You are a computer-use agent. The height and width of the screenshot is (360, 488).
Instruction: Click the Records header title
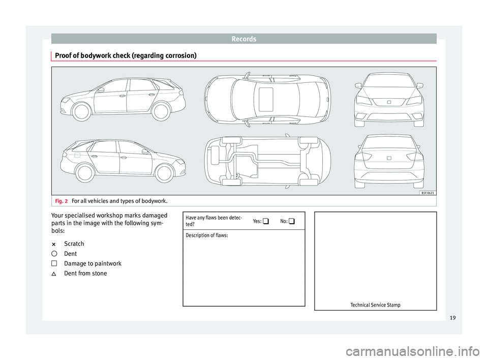tap(243, 38)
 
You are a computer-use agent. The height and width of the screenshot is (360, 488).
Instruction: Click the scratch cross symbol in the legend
tap(54, 244)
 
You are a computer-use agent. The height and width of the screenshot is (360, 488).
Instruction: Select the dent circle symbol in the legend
tap(54, 254)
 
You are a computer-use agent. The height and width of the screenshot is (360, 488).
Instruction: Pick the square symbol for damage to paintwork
tap(54, 263)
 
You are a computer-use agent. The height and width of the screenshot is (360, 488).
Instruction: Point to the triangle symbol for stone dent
tap(54, 274)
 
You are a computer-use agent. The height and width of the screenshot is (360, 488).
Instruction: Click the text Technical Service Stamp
tap(375, 305)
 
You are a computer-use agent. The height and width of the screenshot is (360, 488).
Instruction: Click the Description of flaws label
tap(207, 235)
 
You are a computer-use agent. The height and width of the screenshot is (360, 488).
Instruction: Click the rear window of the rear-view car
tap(389, 142)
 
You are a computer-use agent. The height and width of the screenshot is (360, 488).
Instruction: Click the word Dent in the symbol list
tap(70, 254)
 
